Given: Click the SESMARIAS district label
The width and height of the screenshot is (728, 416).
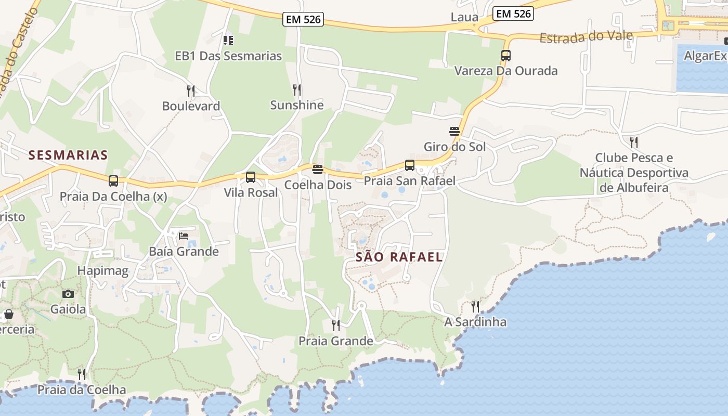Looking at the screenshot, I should click(68, 154).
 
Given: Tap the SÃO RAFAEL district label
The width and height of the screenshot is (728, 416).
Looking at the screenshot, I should click(399, 257).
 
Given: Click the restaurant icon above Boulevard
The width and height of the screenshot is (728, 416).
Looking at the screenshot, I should click(191, 91).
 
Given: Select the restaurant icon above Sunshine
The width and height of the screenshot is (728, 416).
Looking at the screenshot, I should click(296, 90).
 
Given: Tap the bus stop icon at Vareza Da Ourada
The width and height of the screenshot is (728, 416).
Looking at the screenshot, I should click(505, 55).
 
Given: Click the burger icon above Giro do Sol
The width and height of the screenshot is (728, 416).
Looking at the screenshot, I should click(454, 132).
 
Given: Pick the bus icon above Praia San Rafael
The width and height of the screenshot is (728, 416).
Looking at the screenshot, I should click(410, 165).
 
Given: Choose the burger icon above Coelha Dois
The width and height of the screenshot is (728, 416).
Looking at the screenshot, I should click(318, 170).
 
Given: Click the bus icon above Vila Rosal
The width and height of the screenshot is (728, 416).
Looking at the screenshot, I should click(251, 177).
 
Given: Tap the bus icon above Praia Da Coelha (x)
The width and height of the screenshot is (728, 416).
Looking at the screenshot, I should click(113, 181).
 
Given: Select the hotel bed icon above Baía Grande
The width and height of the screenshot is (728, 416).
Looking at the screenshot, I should click(184, 236).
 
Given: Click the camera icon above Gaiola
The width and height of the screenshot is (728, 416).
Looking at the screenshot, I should click(68, 294).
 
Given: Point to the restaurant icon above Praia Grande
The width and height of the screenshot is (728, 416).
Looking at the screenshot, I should click(336, 326).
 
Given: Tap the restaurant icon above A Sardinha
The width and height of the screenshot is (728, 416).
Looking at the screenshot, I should click(475, 306).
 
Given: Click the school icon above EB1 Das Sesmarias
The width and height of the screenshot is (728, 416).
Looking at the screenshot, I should click(228, 40).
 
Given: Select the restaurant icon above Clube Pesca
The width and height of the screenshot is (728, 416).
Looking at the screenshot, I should click(633, 142).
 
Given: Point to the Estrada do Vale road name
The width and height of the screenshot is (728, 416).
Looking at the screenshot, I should click(586, 37).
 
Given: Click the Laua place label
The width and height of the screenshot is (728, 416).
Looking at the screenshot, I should click(464, 17).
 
